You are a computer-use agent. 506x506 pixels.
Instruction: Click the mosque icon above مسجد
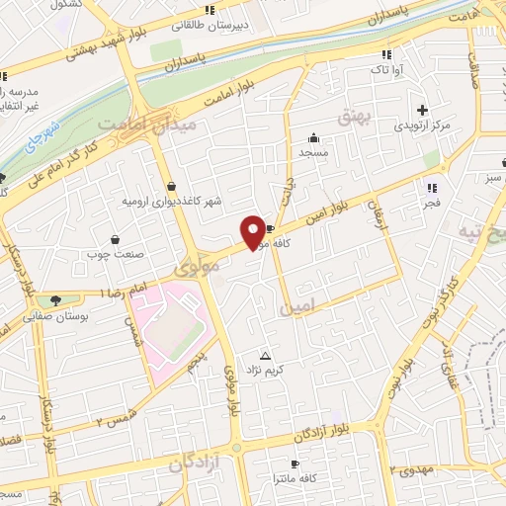point(314,137)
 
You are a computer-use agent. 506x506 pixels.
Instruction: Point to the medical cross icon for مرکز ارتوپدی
point(423,110)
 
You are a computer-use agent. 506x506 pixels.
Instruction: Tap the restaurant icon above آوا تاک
point(385,53)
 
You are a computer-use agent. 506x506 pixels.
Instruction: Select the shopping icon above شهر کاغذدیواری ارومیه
point(172,185)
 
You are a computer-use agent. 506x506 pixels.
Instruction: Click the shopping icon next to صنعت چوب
point(116,239)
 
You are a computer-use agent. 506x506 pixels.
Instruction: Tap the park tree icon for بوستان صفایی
point(53,300)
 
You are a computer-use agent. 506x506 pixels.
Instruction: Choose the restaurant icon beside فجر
point(431,187)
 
